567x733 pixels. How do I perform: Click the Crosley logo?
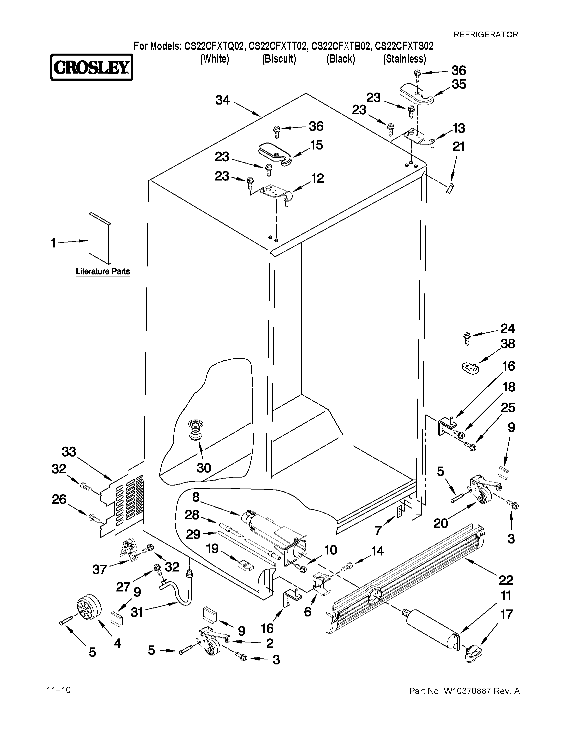click(92, 68)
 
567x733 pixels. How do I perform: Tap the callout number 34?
click(222, 100)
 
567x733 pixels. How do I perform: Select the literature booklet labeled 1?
click(100, 238)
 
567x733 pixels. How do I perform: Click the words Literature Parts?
click(103, 271)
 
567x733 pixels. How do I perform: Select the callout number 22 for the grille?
click(506, 579)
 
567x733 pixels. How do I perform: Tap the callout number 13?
click(459, 128)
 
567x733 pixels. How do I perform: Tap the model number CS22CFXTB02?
click(341, 46)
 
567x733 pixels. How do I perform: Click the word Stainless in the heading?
click(404, 59)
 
